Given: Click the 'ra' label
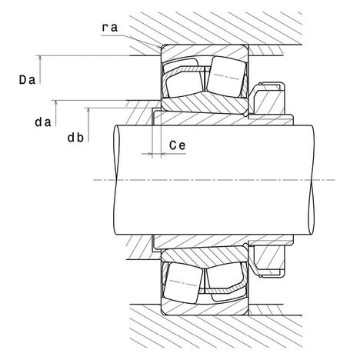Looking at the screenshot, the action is point(110,28).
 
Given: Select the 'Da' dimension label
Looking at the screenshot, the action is point(27,80).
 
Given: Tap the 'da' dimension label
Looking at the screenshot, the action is point(43,122).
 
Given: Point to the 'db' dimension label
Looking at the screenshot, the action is point(75,138).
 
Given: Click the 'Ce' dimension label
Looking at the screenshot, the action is point(177,145).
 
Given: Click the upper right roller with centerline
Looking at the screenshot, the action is point(226,77).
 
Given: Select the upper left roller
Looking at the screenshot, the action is point(184,85).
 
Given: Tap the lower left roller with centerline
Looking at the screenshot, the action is point(183,282).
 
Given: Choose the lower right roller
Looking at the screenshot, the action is point(225,276).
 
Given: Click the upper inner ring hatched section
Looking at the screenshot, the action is point(205,103).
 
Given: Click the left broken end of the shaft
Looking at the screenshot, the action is point(116,180).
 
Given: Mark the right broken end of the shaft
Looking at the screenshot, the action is point(312,180).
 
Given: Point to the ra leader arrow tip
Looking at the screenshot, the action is point(161,48).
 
